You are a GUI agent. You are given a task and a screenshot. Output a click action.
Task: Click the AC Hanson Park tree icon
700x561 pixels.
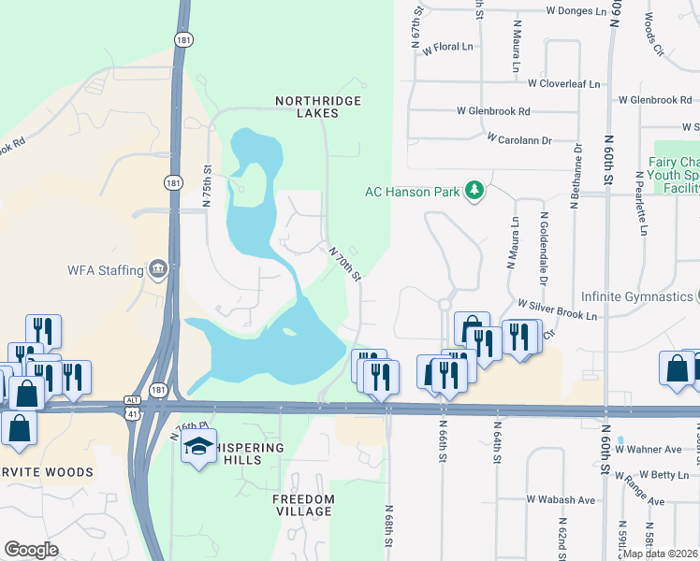pos(475,191)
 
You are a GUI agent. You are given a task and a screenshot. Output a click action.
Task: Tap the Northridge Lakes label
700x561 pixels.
pos(318,107)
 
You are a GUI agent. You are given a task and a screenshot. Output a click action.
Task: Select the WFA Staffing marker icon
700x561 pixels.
pos(158,270)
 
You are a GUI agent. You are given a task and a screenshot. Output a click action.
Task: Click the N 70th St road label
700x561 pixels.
pos(344,263)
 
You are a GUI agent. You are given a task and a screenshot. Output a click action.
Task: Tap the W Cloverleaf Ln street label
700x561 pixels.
pos(563,83)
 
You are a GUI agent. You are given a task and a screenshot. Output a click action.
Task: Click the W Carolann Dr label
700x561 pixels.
pos(519,139)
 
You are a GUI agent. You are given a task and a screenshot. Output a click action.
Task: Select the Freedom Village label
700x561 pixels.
pos(302,505)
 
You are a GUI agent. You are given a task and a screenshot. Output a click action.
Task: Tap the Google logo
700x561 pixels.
pos(31,549)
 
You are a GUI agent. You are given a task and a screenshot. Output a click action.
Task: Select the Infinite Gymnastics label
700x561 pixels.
pos(636,297)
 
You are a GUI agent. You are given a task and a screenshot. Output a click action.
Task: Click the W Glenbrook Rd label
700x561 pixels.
pos(493,111)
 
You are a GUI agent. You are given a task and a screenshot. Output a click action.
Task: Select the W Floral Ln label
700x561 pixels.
pos(448,46)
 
